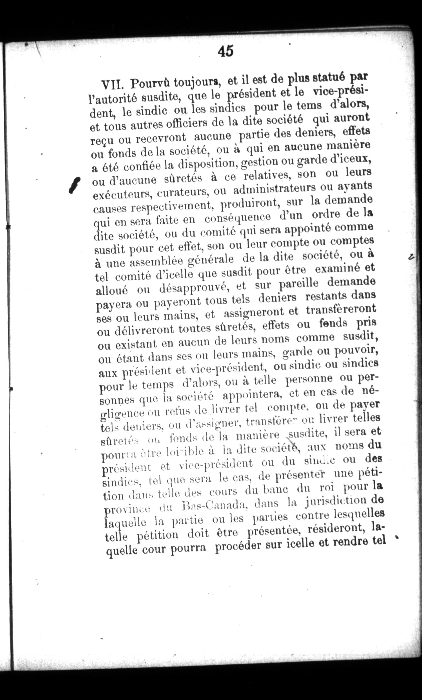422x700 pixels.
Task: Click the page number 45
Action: tap(226, 51)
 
